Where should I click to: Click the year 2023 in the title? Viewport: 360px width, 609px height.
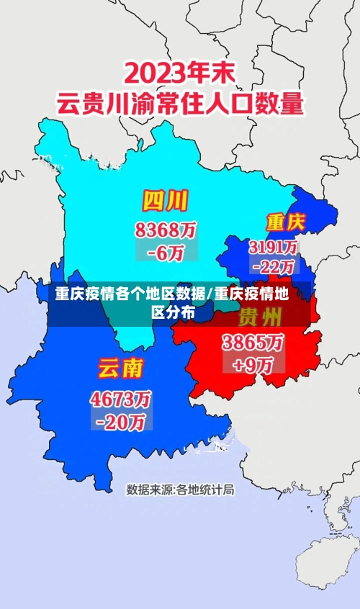pyautogui.click(x=159, y=73)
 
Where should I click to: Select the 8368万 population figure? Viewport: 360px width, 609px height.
pyautogui.click(x=166, y=230)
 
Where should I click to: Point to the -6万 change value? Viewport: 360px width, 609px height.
pyautogui.click(x=166, y=252)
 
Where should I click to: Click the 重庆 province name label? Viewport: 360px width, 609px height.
pyautogui.click(x=285, y=221)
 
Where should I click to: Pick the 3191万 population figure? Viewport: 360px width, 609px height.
pyautogui.click(x=274, y=247)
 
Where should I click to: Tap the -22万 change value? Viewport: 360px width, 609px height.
pyautogui.click(x=274, y=266)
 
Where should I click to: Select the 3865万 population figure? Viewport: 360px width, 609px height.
pyautogui.click(x=252, y=342)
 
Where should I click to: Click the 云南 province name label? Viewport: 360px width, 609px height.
pyautogui.click(x=120, y=369)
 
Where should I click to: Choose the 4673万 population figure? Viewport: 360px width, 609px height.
pyautogui.click(x=120, y=398)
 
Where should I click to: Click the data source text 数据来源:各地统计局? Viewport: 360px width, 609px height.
pyautogui.click(x=180, y=490)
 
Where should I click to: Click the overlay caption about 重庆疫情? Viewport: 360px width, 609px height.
pyautogui.click(x=173, y=302)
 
